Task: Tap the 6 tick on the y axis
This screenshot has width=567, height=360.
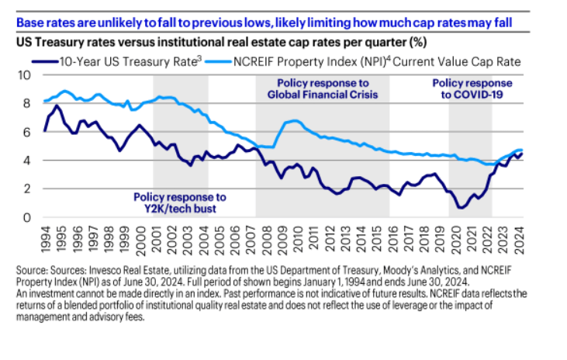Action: pyautogui.click(x=27, y=132)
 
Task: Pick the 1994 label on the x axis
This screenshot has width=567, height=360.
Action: pyautogui.click(x=47, y=236)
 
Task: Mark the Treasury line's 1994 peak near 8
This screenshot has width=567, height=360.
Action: pyautogui.click(x=57, y=106)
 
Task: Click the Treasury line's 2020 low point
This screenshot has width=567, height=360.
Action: pyautogui.click(x=462, y=207)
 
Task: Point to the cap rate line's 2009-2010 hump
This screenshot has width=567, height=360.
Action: pyautogui.click(x=291, y=122)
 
